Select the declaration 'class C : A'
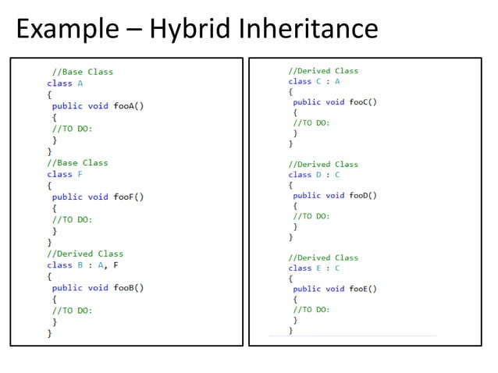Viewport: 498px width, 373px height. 314,81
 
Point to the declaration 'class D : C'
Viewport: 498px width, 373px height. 314,175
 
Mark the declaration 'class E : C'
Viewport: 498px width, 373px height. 314,268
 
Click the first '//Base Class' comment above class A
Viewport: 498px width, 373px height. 82,72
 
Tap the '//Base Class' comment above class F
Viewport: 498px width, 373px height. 77,163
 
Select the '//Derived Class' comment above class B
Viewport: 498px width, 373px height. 84,254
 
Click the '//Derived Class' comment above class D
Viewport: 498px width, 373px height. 323,165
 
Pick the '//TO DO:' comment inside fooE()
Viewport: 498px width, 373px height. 311,310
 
